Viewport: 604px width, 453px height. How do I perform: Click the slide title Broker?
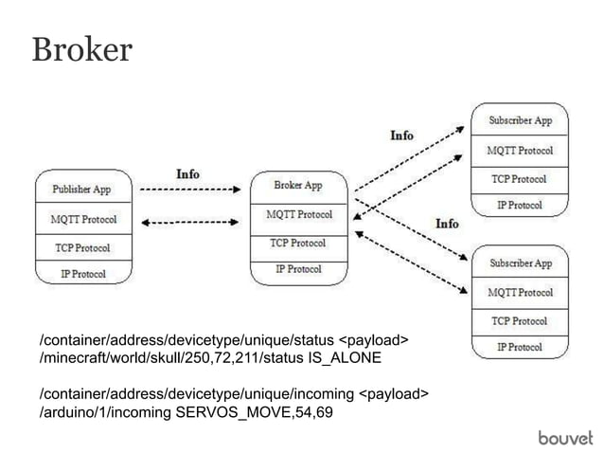[82, 49]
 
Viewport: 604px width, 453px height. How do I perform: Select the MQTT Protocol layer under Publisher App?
[83, 220]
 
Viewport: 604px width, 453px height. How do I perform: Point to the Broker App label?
[298, 185]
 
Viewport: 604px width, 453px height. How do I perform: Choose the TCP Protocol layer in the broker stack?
[298, 243]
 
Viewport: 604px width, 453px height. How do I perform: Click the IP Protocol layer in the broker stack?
[298, 269]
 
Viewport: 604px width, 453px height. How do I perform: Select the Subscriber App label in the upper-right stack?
[521, 121]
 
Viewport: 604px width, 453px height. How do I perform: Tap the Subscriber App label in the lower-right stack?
[521, 263]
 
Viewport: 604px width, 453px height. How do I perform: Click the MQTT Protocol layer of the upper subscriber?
[521, 151]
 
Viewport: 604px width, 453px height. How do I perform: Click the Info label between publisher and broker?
[187, 173]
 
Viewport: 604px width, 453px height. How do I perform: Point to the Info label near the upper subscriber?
[402, 136]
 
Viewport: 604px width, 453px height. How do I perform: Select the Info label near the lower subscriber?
[447, 224]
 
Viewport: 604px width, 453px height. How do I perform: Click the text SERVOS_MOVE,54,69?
[255, 412]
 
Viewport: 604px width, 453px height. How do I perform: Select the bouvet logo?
[565, 436]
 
